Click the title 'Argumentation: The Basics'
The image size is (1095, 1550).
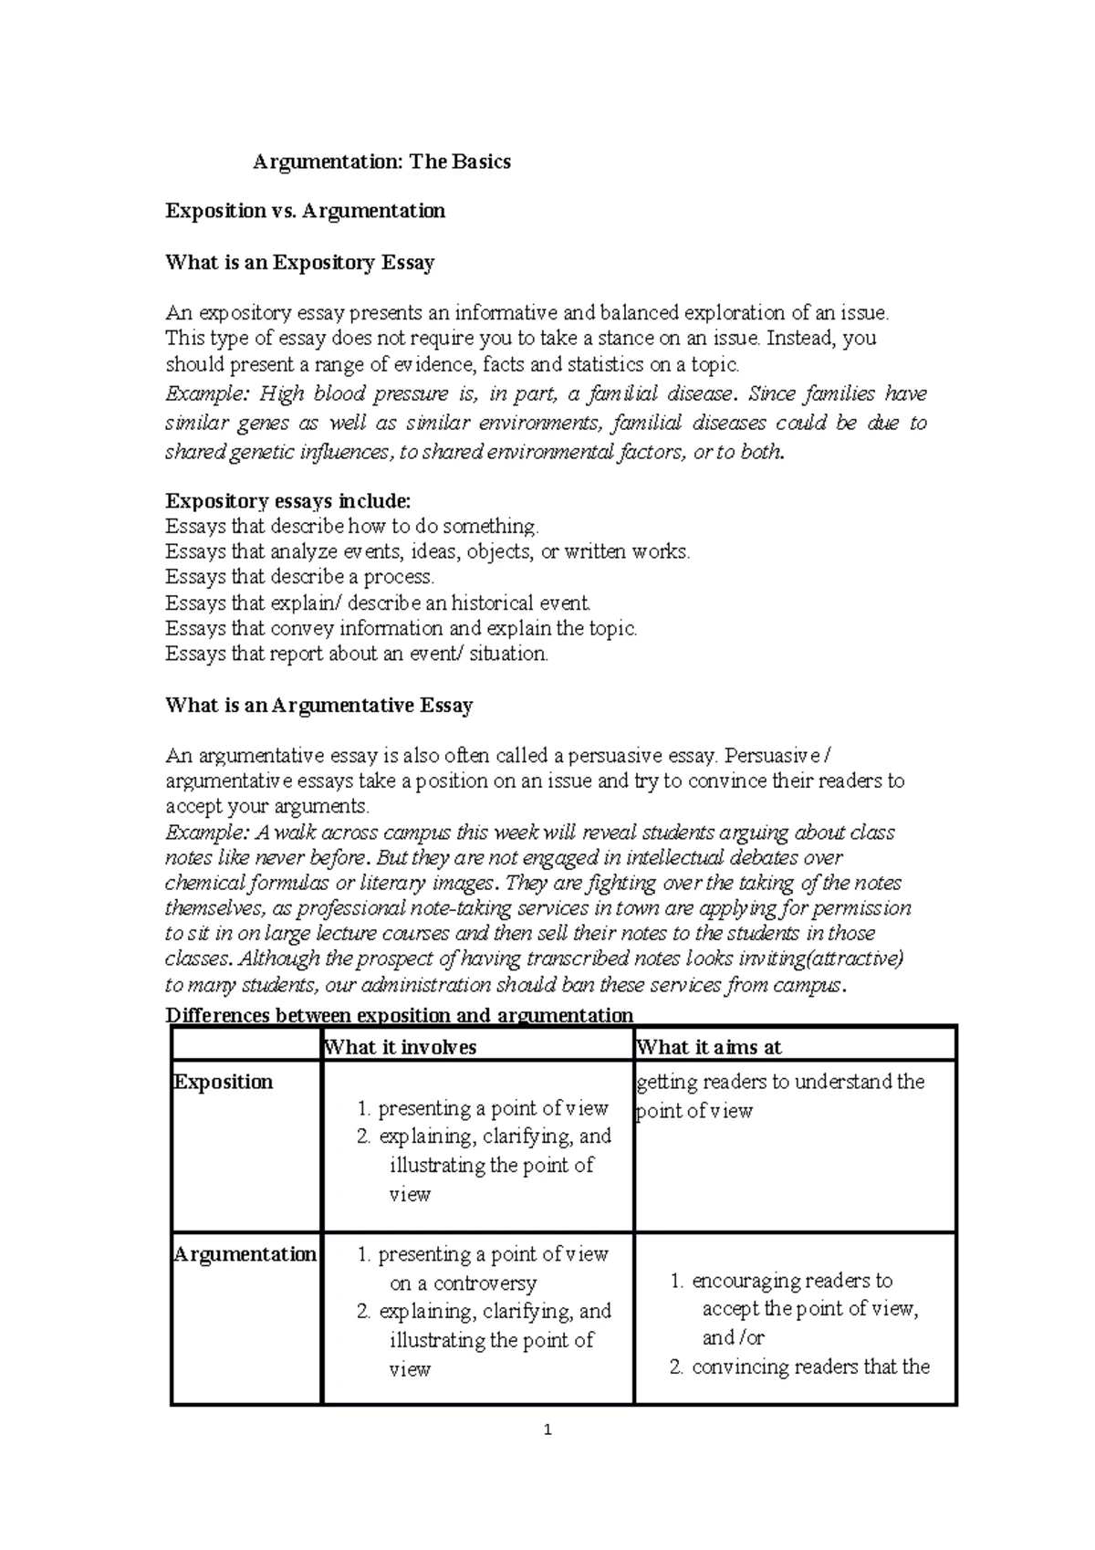click(x=381, y=162)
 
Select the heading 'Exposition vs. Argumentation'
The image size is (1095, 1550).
click(x=305, y=211)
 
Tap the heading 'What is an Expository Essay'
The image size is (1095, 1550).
click(x=299, y=263)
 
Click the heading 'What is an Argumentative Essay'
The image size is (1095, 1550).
click(x=318, y=705)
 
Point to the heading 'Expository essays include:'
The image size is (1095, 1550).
click(x=288, y=500)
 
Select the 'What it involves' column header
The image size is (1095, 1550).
click(x=401, y=1047)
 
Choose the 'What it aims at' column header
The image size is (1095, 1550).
click(x=709, y=1047)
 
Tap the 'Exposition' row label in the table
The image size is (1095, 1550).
click(x=224, y=1082)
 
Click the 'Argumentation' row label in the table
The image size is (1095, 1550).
click(x=245, y=1254)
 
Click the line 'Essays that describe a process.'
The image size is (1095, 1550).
click(x=300, y=577)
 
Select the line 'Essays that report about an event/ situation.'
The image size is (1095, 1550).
click(x=357, y=654)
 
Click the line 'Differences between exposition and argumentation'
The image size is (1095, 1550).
click(x=399, y=1015)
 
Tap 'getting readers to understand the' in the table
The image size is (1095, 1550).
click(x=781, y=1082)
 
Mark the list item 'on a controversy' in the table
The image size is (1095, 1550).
click(x=464, y=1283)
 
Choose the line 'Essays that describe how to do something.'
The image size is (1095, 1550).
click(x=352, y=526)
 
